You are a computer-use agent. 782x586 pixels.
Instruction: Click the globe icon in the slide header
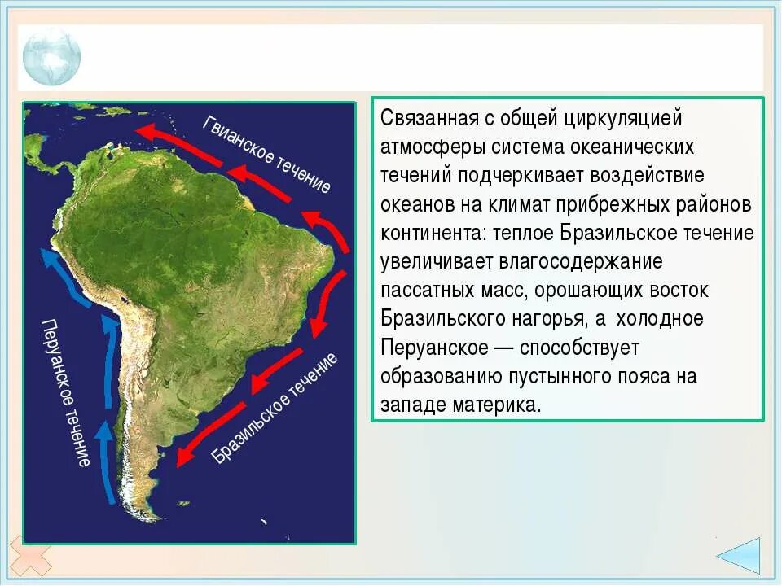click(x=51, y=57)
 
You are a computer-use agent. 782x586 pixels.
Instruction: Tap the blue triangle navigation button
click(x=740, y=558)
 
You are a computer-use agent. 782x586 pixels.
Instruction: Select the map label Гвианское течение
click(x=266, y=154)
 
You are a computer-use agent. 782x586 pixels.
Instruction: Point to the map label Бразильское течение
click(x=275, y=408)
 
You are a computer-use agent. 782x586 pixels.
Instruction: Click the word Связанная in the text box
click(x=427, y=118)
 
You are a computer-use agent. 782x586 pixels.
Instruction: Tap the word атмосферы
click(x=430, y=147)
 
